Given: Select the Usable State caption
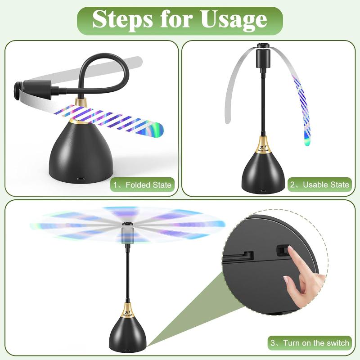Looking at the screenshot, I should [320, 184].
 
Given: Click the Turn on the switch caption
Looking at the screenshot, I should [310, 343].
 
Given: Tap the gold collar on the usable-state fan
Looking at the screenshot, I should [262, 146].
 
